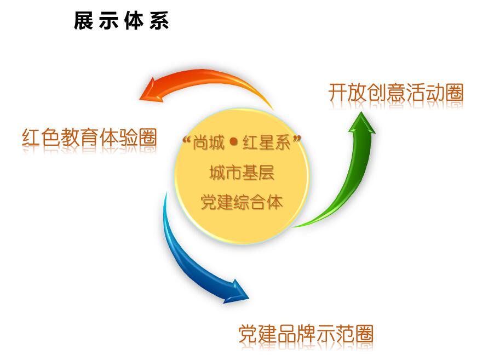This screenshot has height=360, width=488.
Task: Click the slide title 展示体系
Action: click(x=122, y=21)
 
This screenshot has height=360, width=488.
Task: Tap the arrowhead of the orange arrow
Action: click(x=151, y=91)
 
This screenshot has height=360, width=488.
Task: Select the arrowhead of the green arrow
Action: click(x=361, y=123)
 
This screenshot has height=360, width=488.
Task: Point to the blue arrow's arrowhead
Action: click(x=237, y=292)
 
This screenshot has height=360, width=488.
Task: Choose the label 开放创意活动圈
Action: click(x=396, y=93)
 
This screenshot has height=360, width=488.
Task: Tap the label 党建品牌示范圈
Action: click(x=306, y=334)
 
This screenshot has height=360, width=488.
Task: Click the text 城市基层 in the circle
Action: click(x=242, y=173)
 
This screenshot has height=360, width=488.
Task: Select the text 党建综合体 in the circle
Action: click(x=242, y=202)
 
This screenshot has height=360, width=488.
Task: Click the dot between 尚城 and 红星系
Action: click(x=233, y=142)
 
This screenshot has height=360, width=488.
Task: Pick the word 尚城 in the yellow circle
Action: click(x=209, y=142)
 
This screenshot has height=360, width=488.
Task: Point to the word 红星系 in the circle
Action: click(x=267, y=142)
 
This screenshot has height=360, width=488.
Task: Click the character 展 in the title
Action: click(x=84, y=21)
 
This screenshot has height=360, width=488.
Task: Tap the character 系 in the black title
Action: click(x=159, y=21)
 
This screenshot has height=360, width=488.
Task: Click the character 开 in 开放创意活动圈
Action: click(x=338, y=93)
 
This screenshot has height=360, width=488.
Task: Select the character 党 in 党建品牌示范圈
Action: click(x=248, y=334)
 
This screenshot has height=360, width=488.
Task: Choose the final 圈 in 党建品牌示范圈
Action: click(x=364, y=334)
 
